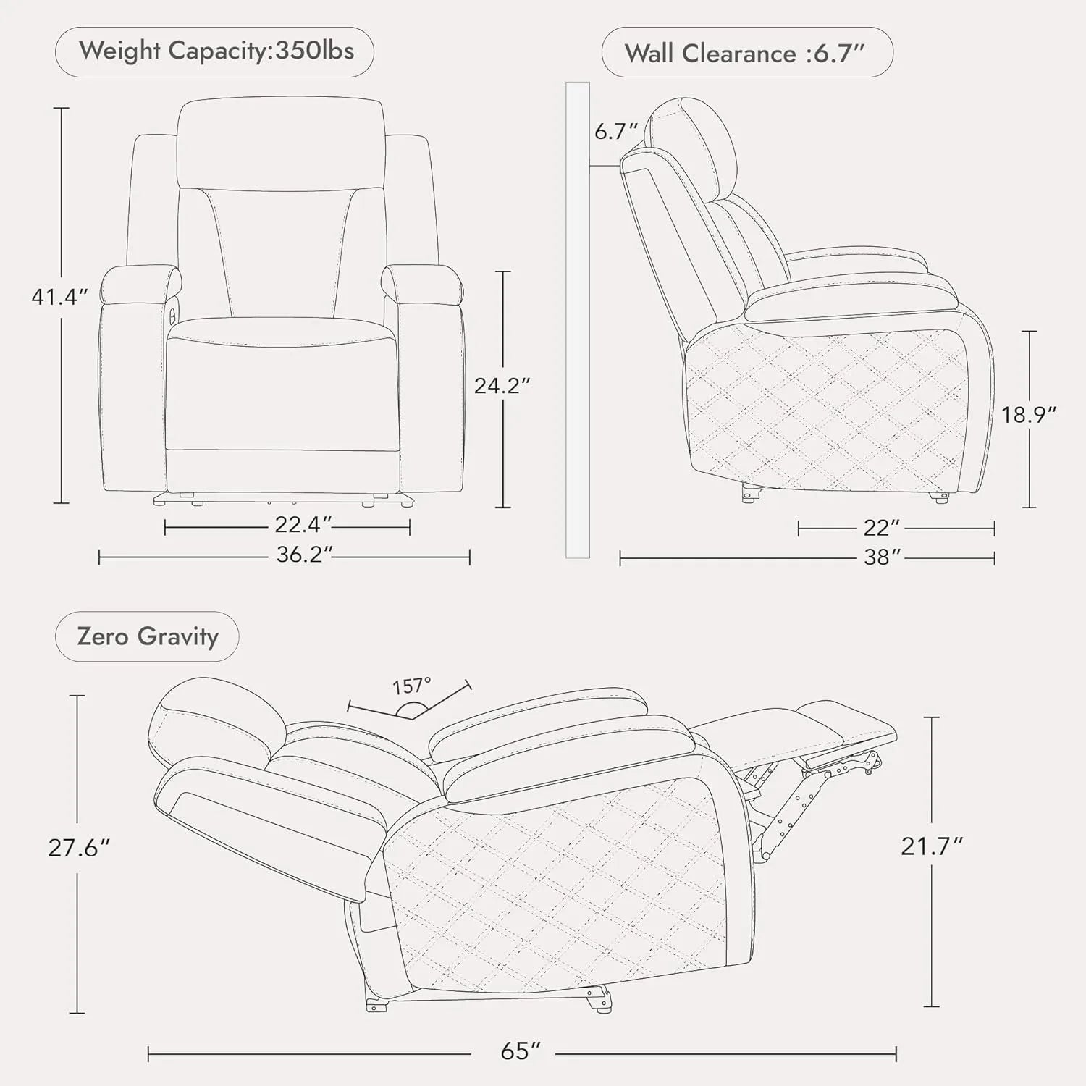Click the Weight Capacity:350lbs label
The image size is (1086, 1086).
tap(216, 51)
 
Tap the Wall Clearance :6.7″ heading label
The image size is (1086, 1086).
tap(745, 54)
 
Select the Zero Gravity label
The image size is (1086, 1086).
tap(148, 636)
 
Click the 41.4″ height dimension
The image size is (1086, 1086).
tap(60, 296)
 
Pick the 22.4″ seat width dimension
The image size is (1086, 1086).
tap(303, 523)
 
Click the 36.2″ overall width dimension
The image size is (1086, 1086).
tap(305, 555)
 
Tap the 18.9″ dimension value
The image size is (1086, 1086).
tap(1029, 414)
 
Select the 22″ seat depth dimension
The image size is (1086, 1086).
tap(882, 527)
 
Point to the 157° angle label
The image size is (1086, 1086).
tap(412, 686)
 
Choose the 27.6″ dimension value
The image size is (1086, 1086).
tap(79, 847)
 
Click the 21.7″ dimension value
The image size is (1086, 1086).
tap(932, 846)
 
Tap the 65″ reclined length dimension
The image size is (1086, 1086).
tap(521, 1051)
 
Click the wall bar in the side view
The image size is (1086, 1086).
tap(578, 320)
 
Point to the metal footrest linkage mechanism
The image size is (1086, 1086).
tap(811, 804)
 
